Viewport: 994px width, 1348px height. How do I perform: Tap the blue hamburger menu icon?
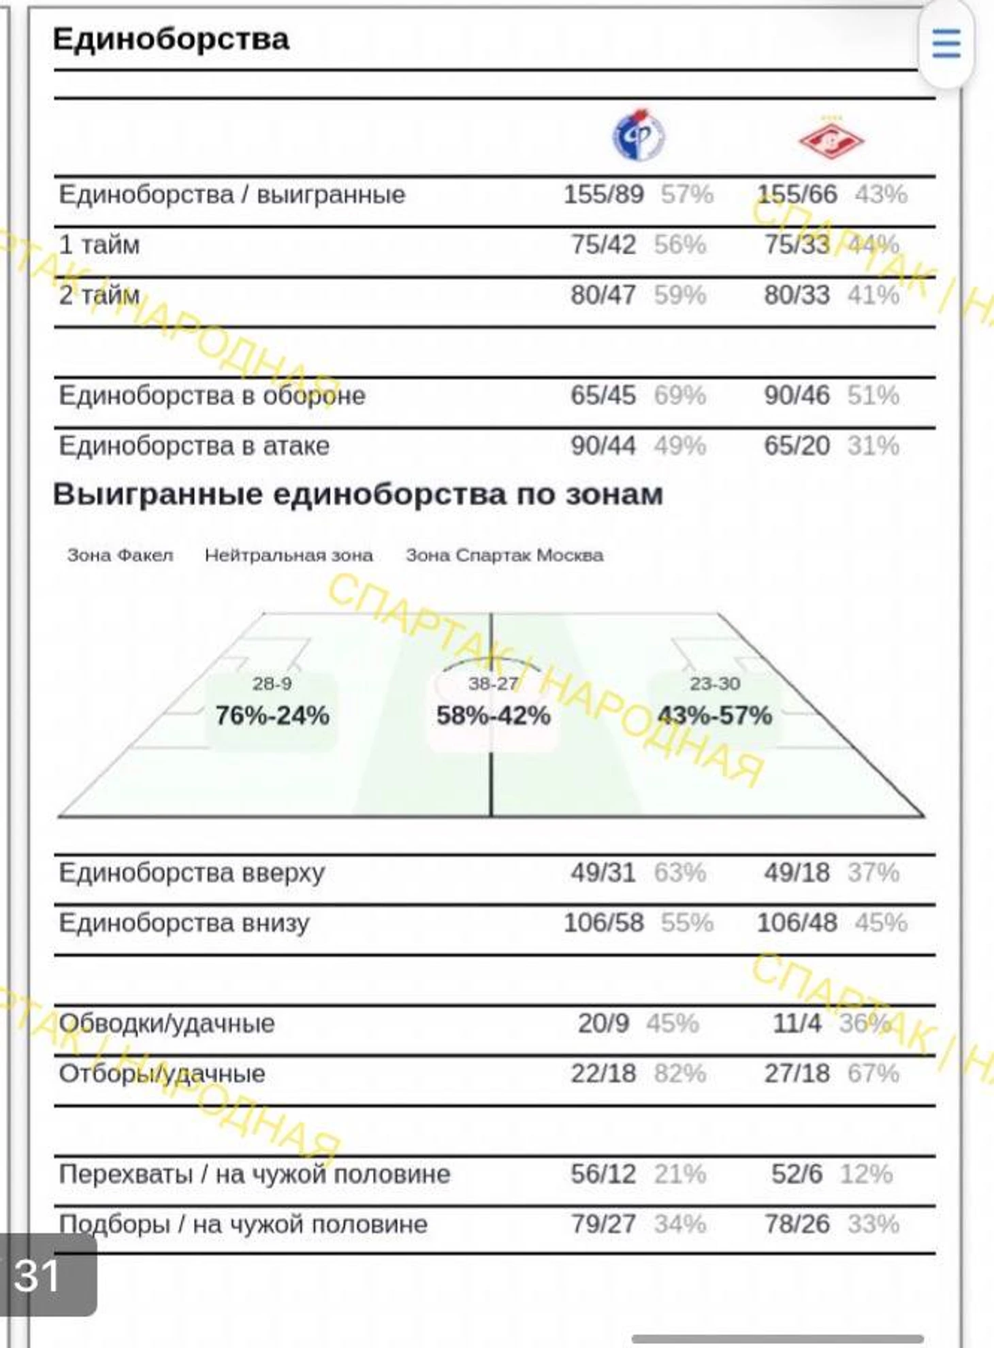(946, 43)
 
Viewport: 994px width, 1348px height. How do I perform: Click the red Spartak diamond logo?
(831, 138)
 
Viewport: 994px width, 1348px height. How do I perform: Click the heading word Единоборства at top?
(171, 39)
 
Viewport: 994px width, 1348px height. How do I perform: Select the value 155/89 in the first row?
(603, 195)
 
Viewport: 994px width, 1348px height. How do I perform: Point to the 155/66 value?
(797, 195)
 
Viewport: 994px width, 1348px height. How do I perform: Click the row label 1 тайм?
(99, 245)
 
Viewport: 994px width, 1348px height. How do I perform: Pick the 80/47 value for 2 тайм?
(603, 295)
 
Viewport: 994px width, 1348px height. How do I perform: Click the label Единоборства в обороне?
(212, 396)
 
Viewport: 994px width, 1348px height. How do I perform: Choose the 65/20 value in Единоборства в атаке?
(797, 446)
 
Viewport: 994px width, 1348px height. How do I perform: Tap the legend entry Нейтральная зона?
(289, 556)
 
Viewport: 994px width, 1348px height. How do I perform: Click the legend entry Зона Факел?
(120, 556)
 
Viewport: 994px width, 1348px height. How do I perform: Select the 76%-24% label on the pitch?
(272, 716)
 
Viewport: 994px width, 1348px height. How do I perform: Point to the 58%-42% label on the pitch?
(494, 716)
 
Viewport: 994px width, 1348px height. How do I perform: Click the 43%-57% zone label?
(715, 716)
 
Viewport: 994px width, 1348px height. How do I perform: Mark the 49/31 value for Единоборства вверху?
(603, 873)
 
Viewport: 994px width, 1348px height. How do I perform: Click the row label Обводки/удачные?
(167, 1024)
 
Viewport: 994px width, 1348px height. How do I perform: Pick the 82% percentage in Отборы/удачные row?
(679, 1074)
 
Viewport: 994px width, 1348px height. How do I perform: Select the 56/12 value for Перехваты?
(603, 1174)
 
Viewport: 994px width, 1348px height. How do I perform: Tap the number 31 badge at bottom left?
(37, 1274)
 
